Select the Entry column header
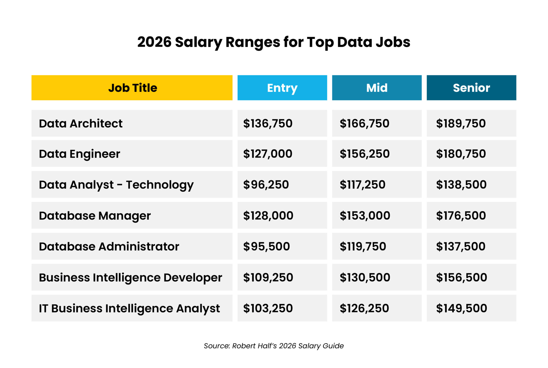[x=282, y=88]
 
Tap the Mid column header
[x=376, y=88]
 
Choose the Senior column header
[x=471, y=88]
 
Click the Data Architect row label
[x=81, y=123]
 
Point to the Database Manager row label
[x=95, y=216]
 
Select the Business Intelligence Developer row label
[x=130, y=277]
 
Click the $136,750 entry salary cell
[x=268, y=123]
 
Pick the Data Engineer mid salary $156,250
[x=364, y=154]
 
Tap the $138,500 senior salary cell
[x=461, y=185]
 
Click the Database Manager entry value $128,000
[x=268, y=216]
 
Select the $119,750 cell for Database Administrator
[x=363, y=246]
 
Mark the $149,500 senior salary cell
[x=461, y=308]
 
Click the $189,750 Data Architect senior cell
[x=461, y=123]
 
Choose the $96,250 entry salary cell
[x=266, y=185]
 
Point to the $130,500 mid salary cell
[x=365, y=277]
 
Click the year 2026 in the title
[x=154, y=42]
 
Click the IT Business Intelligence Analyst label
[x=129, y=308]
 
